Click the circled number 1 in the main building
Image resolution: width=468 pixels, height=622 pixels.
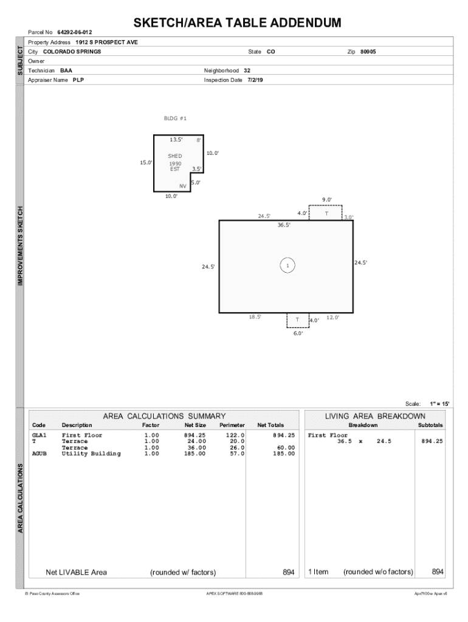[x=287, y=265]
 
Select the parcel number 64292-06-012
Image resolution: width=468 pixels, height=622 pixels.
[x=75, y=32]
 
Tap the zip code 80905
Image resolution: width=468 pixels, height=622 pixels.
[x=368, y=52]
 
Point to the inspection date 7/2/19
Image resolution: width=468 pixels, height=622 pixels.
[x=255, y=80]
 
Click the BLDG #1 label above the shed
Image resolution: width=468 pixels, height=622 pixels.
[x=175, y=118]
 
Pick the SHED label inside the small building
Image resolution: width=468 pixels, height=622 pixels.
[x=174, y=156]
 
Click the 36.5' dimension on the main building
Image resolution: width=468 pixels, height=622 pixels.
[x=284, y=225]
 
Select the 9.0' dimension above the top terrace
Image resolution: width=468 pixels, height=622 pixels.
[x=326, y=200]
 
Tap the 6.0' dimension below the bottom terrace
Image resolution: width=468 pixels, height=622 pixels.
[x=298, y=333]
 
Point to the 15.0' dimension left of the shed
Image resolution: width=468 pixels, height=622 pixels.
[x=146, y=162]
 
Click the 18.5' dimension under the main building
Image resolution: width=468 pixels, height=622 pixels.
[x=255, y=317]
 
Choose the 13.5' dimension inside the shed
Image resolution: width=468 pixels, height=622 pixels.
[x=176, y=140]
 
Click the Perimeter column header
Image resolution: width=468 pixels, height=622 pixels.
[x=232, y=425]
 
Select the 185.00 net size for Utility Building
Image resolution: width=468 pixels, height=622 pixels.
[x=194, y=454]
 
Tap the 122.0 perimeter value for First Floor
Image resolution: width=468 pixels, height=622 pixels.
[x=235, y=435]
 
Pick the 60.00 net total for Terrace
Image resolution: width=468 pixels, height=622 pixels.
[x=286, y=448]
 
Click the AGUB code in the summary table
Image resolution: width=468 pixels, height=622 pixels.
[x=40, y=454]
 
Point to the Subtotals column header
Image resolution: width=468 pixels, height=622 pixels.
[x=430, y=425]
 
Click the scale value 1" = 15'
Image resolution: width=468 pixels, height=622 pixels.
[x=439, y=404]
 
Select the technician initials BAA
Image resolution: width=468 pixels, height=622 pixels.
[x=66, y=70]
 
